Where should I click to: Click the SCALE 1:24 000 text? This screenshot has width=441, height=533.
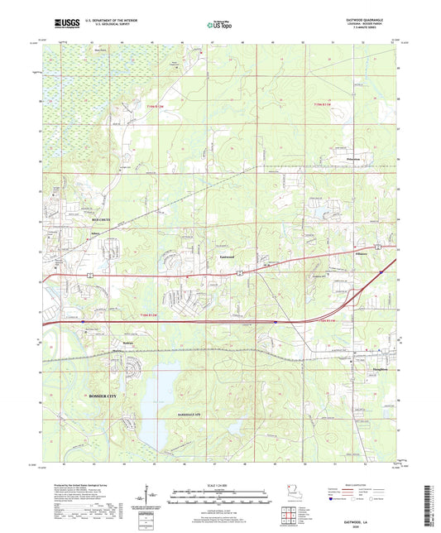[x=219, y=485]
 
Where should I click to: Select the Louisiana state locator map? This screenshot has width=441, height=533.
[x=289, y=490]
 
